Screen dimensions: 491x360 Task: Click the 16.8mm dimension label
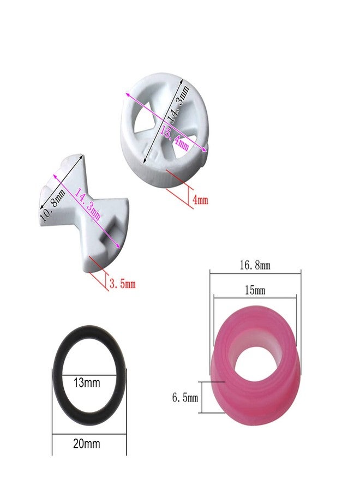coord(255,265)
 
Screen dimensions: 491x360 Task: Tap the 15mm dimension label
coord(255,291)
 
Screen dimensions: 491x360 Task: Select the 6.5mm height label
coord(184,398)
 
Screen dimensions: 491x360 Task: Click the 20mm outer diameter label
coord(88,444)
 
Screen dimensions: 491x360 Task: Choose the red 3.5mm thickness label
coord(122,284)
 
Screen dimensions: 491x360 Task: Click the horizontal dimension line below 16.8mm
coord(255,273)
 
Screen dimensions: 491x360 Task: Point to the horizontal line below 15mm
coord(255,298)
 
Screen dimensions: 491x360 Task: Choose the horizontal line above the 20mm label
coord(89,434)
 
